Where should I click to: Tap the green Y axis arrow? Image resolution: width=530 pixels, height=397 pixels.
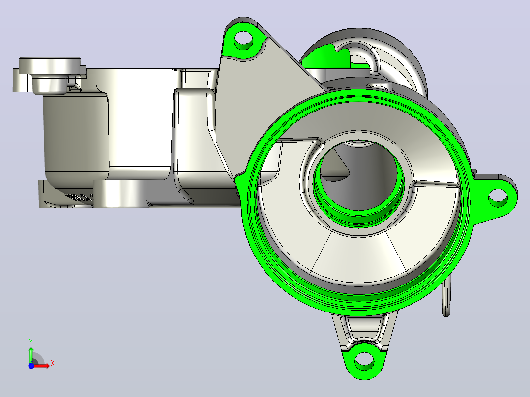(x=31, y=354)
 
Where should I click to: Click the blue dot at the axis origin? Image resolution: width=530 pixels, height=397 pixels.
(x=31, y=366)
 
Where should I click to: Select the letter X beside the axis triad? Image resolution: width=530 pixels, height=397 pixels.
(x=53, y=364)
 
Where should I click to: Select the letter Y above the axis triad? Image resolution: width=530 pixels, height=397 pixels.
(x=31, y=342)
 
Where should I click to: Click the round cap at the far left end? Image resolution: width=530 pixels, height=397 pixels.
(x=50, y=65)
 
